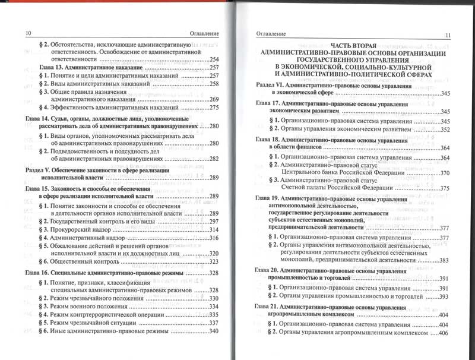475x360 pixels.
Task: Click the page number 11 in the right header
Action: click(448, 35)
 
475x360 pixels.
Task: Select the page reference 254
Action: click(214, 59)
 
